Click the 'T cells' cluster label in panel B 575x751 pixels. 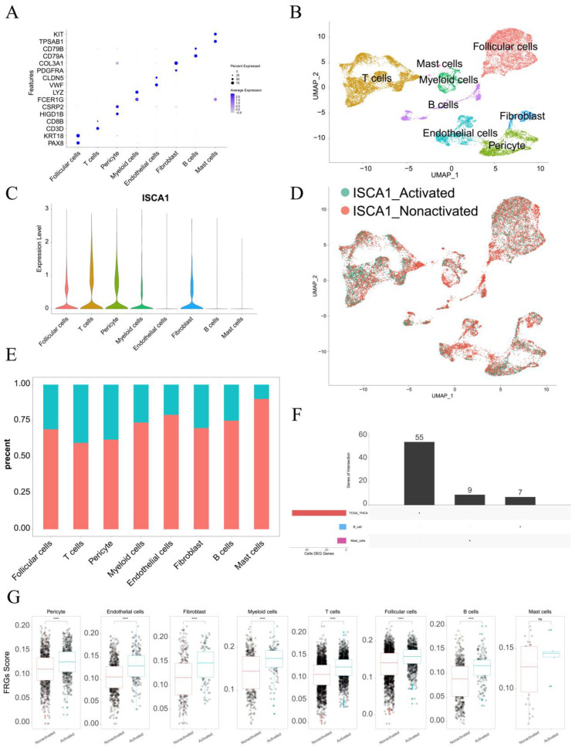(377, 77)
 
